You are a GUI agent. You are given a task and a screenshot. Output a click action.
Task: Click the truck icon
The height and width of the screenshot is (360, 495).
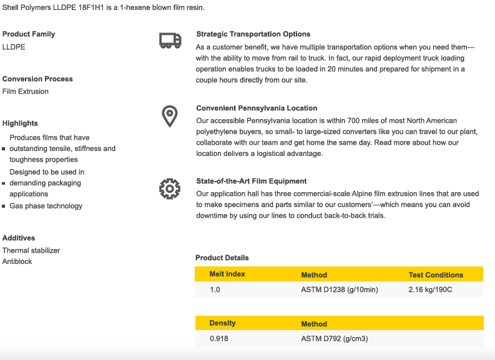coord(170,41)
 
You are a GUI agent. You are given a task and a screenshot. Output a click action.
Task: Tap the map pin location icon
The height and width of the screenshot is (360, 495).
coord(169,116)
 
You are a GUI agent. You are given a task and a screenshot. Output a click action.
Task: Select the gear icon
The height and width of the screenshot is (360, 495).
coord(169,188)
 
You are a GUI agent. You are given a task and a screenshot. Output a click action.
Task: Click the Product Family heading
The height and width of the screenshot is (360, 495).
coord(29,34)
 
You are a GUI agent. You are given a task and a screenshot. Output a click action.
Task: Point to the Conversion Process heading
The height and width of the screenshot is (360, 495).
coord(37,79)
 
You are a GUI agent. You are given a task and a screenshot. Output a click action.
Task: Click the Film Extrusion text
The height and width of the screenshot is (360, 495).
coord(26,92)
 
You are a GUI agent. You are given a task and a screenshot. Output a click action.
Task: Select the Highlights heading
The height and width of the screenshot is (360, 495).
coord(20,124)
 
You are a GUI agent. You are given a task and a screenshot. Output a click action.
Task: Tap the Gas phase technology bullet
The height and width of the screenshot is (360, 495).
coord(46,206)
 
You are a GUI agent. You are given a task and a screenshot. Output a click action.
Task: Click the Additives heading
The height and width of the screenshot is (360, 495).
coord(19,238)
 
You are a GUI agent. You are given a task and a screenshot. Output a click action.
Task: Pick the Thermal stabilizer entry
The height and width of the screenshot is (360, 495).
coord(31,251)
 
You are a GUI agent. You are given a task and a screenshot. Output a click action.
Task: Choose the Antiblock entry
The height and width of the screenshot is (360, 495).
coord(17,262)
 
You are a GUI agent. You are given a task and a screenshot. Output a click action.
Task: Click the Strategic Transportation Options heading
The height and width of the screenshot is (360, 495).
coord(253,34)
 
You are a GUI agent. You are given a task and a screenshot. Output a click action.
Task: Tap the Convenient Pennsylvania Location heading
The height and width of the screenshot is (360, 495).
coord(257,108)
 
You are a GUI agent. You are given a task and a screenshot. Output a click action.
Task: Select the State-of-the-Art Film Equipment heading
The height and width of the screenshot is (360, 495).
coord(251,181)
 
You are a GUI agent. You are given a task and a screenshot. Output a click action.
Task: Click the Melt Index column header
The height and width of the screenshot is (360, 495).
coord(227,274)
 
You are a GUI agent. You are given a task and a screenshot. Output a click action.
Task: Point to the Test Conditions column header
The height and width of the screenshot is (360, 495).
coord(436,275)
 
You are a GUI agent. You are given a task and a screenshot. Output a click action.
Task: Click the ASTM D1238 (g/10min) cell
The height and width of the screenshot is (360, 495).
coord(340,290)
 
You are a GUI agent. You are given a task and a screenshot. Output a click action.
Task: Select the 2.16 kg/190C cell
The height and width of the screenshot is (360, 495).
coord(430,290)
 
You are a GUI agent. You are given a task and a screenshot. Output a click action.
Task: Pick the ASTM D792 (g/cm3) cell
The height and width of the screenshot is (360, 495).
coord(334,339)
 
